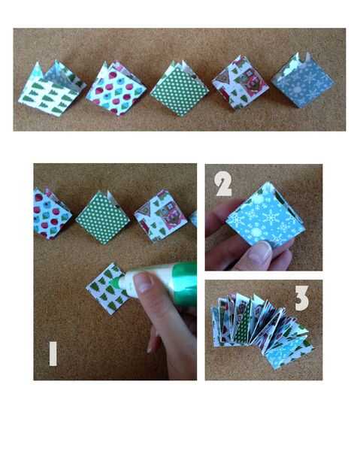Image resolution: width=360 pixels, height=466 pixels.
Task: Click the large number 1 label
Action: point(53,354)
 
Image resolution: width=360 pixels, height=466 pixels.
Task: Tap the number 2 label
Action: point(223,185)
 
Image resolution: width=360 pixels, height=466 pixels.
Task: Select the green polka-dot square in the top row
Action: point(180,89)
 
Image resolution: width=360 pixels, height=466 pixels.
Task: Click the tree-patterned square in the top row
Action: point(51,89)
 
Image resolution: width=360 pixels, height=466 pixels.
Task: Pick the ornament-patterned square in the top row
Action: point(116,89)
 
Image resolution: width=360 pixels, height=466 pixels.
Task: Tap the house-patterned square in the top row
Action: point(241,83)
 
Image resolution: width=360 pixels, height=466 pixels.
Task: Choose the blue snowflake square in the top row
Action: point(303,80)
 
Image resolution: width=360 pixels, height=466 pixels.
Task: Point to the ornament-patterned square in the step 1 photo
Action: point(51,214)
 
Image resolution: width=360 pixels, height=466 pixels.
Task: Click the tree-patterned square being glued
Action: point(107,289)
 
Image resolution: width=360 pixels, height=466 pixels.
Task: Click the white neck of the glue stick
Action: point(128,284)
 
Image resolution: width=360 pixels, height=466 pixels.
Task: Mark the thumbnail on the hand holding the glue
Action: point(143,283)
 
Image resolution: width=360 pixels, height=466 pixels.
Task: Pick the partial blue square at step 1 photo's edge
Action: point(193,219)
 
